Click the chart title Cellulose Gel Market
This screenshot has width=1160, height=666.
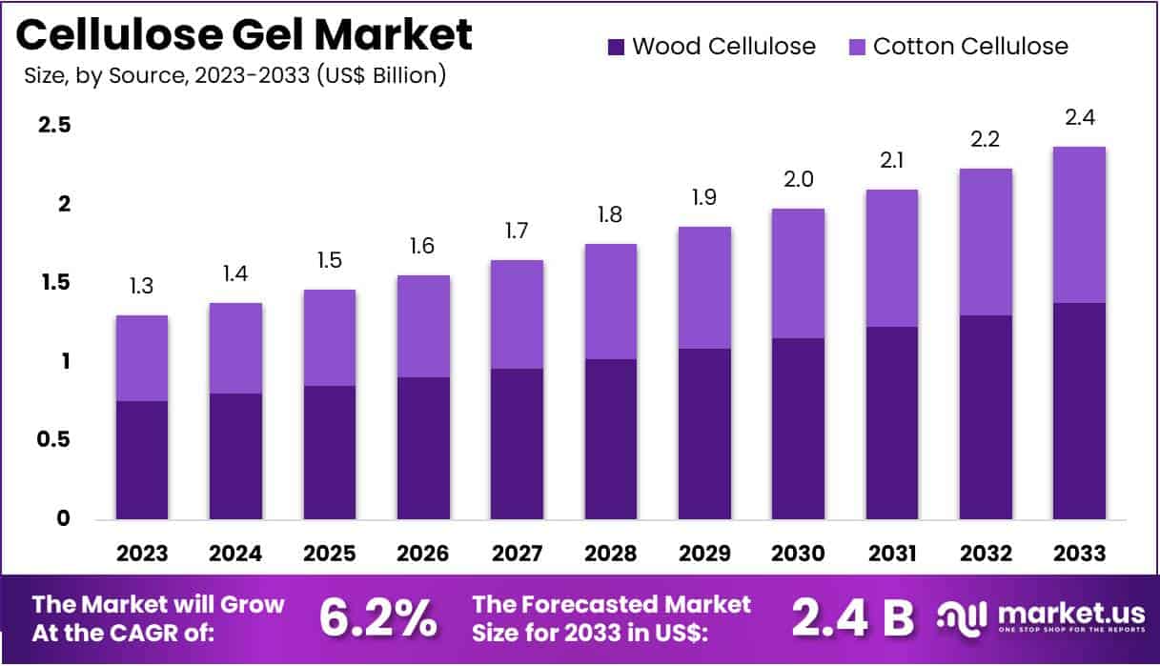click(x=245, y=34)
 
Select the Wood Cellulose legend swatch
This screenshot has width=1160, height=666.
click(x=615, y=46)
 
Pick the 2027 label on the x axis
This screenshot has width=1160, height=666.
click(x=517, y=554)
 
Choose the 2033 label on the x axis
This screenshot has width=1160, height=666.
click(x=1079, y=554)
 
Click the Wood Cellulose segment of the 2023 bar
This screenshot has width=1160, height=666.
click(x=142, y=460)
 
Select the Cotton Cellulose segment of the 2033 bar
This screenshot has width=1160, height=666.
click(x=1079, y=225)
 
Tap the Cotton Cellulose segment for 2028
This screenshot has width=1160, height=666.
click(x=610, y=301)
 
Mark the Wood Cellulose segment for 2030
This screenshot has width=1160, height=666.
click(x=798, y=429)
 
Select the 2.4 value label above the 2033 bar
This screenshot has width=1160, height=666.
click(x=1079, y=118)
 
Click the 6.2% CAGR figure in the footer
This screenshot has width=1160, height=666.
click(x=377, y=618)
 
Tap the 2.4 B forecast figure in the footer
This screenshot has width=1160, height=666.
click(x=852, y=618)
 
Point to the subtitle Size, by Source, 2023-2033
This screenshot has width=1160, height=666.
click(x=234, y=75)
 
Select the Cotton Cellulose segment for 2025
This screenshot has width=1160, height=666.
click(x=330, y=337)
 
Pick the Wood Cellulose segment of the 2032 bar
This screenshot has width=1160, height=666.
click(x=986, y=417)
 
